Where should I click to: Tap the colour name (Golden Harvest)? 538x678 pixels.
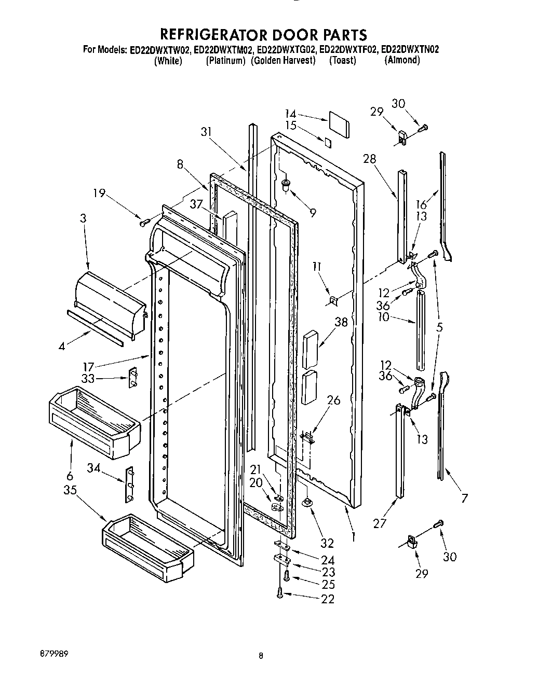pyautogui.click(x=283, y=60)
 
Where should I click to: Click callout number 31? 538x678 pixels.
pyautogui.click(x=207, y=132)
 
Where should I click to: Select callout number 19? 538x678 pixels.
pyautogui.click(x=99, y=194)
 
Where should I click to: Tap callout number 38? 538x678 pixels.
pyautogui.click(x=341, y=322)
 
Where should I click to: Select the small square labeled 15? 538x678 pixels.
pyautogui.click(x=327, y=143)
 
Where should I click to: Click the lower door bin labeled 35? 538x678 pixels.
pyautogui.click(x=148, y=545)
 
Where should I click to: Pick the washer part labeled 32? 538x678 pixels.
pyautogui.click(x=308, y=502)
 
